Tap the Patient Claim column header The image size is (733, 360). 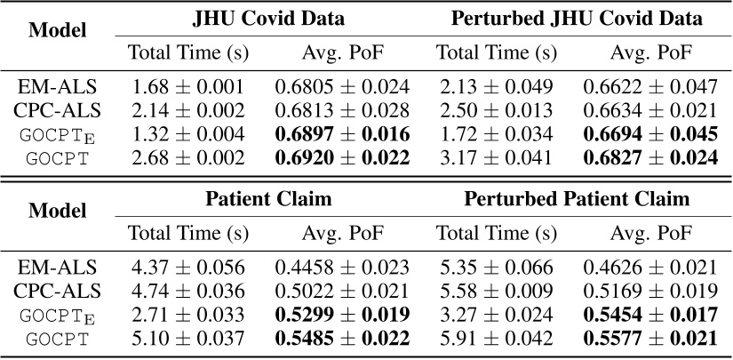(x=268, y=199)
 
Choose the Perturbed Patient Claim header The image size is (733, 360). (x=577, y=199)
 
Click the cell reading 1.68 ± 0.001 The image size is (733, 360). (x=189, y=87)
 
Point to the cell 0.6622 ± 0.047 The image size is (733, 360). (x=650, y=87)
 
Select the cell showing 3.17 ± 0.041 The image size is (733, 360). (x=497, y=157)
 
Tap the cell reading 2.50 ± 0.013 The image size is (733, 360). (x=497, y=110)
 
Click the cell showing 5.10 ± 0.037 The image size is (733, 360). (x=189, y=338)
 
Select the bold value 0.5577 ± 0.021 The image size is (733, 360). (x=650, y=338)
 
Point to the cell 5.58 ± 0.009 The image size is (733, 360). (x=497, y=291)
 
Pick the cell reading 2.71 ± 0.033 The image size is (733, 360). (x=189, y=315)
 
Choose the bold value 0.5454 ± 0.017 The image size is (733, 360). (x=650, y=315)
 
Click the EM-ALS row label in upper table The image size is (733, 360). (x=58, y=87)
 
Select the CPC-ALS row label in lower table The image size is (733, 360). (x=58, y=291)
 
